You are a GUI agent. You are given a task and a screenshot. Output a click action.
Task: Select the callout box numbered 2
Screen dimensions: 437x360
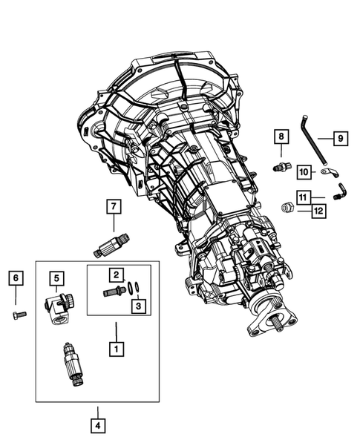117,275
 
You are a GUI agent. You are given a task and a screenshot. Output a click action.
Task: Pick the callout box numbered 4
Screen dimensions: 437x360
96,425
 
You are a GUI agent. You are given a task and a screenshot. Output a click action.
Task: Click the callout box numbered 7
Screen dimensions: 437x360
114,206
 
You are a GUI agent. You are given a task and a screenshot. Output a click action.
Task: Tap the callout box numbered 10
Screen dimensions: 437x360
304,173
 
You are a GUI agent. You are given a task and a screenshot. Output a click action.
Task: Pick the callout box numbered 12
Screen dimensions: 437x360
318,211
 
